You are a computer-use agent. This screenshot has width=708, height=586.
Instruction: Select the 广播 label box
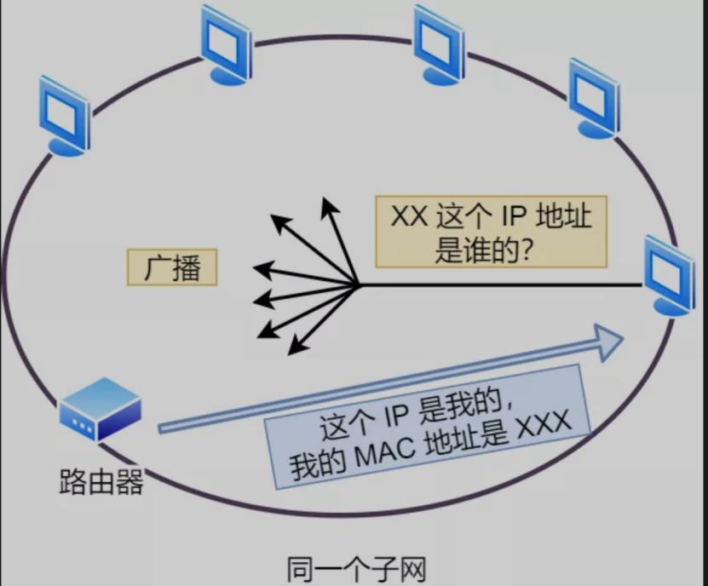172,268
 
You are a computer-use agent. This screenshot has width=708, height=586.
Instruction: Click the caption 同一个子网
355,568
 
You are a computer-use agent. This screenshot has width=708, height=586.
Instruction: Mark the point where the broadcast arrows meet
358,285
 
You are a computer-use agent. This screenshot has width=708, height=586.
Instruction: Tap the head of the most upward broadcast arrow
325,204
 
